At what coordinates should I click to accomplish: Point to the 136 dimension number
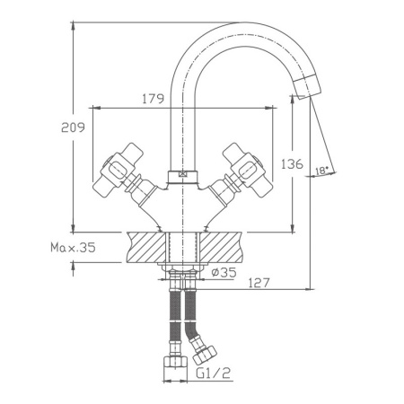pos(292,164)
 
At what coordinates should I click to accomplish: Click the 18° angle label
pos(322,168)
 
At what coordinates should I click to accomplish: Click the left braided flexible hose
pos(173,319)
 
